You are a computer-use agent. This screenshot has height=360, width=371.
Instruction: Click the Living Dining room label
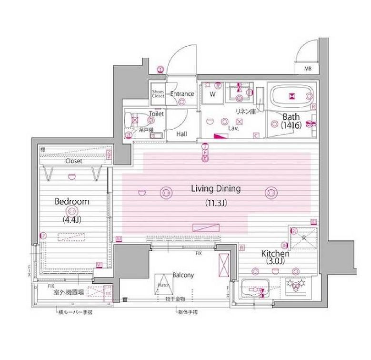click(x=216, y=189)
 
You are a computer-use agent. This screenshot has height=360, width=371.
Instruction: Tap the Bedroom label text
click(x=72, y=202)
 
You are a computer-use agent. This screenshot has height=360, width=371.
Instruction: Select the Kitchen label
click(x=275, y=254)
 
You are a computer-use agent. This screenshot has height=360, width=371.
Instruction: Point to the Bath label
click(x=291, y=117)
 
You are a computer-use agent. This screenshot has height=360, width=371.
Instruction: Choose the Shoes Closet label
click(x=158, y=94)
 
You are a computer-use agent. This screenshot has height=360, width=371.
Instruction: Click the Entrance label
click(x=182, y=94)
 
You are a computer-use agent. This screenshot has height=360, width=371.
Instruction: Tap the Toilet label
click(x=156, y=114)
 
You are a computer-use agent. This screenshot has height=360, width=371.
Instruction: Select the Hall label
click(x=181, y=134)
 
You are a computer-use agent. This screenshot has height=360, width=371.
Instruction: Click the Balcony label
click(x=183, y=275)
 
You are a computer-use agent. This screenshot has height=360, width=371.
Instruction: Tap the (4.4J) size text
click(x=71, y=220)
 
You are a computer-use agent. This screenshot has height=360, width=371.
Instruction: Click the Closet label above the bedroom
click(x=73, y=161)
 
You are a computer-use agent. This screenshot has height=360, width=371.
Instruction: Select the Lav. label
click(x=233, y=128)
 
